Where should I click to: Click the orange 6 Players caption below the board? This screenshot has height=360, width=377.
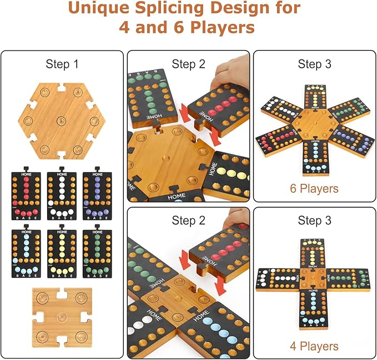click(x=314, y=188)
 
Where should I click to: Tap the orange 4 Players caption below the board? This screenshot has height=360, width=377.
click(x=314, y=346)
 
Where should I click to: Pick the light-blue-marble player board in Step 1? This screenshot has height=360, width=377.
click(x=26, y=253)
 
